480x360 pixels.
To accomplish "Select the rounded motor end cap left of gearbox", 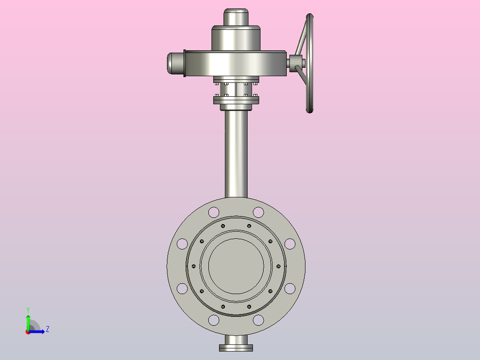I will pyautogui.click(x=175, y=63).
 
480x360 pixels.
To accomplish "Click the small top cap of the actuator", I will pyautogui.click(x=236, y=17).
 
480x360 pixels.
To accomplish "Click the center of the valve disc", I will pyautogui.click(x=236, y=266).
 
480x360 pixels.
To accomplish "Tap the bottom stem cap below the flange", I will pyautogui.click(x=236, y=346).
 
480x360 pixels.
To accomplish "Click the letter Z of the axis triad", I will pyautogui.click(x=47, y=329).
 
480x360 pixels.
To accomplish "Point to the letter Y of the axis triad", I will pyautogui.click(x=28, y=309).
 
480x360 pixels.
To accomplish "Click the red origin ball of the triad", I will pyautogui.click(x=28, y=331).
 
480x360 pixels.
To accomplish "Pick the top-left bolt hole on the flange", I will pyautogui.click(x=214, y=212).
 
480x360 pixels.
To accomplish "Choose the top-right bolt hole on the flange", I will pyautogui.click(x=258, y=212).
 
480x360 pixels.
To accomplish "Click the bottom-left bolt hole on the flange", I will pyautogui.click(x=214, y=320).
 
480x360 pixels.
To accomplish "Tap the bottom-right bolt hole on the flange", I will pyautogui.click(x=258, y=320).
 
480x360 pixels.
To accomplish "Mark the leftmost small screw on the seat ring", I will pyautogui.click(x=194, y=266).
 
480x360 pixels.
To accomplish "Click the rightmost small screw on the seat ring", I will pyautogui.click(x=278, y=266).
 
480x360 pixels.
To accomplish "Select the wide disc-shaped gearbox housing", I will pyautogui.click(x=236, y=63).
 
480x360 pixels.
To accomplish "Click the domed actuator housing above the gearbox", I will pyautogui.click(x=236, y=38).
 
